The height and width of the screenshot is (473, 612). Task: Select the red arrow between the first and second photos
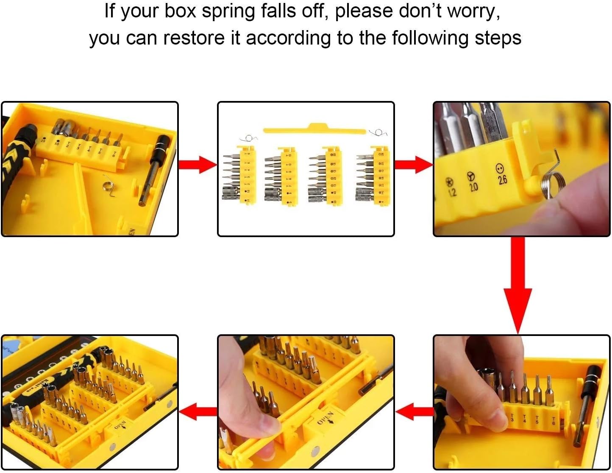pos(198,165)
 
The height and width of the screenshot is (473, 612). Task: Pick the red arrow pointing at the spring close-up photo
pos(413,165)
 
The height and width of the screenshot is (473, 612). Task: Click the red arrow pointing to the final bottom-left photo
pos(198,411)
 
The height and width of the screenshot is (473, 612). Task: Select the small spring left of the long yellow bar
pos(248,138)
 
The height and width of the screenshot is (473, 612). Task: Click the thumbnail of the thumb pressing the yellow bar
pos(306,402)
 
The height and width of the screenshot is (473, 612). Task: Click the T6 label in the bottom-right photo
pos(553,421)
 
